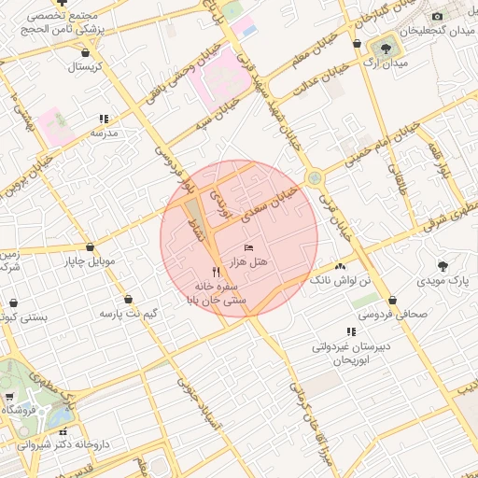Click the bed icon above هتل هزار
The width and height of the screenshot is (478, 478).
[247, 246]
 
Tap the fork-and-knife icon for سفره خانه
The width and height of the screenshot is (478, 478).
[217, 270]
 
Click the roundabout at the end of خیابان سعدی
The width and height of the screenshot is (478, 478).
[315, 176]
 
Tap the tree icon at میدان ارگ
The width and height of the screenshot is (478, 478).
[386, 48]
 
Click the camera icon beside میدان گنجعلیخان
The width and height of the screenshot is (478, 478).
[437, 16]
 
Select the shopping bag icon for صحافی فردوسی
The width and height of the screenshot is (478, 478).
[393, 300]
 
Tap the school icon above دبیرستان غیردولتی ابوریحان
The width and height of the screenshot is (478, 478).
[351, 330]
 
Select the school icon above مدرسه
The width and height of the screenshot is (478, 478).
[104, 119]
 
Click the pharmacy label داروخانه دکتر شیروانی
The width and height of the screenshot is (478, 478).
[63, 446]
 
